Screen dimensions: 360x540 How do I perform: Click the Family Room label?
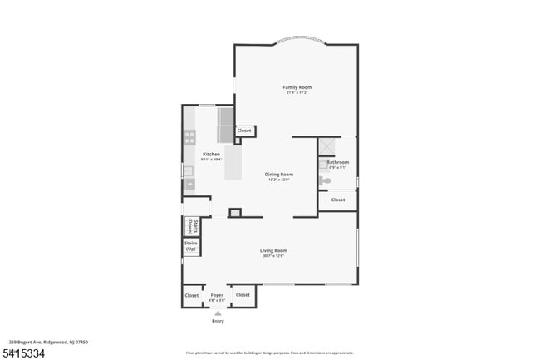[297, 87]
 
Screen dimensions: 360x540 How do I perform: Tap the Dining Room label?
[278, 175]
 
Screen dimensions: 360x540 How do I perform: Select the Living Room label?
[273, 250]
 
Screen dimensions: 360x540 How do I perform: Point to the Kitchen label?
[212, 155]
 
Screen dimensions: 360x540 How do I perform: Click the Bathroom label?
[337, 162]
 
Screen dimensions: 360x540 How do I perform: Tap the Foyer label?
[217, 295]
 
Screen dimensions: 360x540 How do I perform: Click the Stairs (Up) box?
[191, 247]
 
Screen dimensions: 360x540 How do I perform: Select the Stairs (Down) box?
[190, 225]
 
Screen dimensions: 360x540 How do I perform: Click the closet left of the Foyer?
[192, 295]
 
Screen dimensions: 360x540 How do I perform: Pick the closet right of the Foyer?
[243, 295]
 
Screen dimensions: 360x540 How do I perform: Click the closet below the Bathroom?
[338, 200]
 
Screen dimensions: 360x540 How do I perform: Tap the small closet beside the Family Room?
[244, 131]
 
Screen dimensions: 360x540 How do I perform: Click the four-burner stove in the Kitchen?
[189, 137]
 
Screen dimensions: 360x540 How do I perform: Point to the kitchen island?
[233, 162]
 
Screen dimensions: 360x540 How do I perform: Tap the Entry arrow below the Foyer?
[218, 313]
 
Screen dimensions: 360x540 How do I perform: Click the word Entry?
[218, 321]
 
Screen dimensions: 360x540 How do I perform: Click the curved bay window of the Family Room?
[296, 38]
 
